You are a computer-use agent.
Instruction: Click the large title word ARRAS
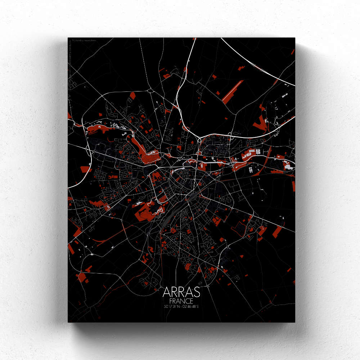click(x=181, y=292)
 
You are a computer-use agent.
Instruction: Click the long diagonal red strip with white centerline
click(x=233, y=91)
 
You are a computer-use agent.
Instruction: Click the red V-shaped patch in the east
click(x=258, y=124)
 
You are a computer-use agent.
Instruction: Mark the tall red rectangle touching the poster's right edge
click(x=293, y=185)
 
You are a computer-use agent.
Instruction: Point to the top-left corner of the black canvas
click(x=68, y=37)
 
